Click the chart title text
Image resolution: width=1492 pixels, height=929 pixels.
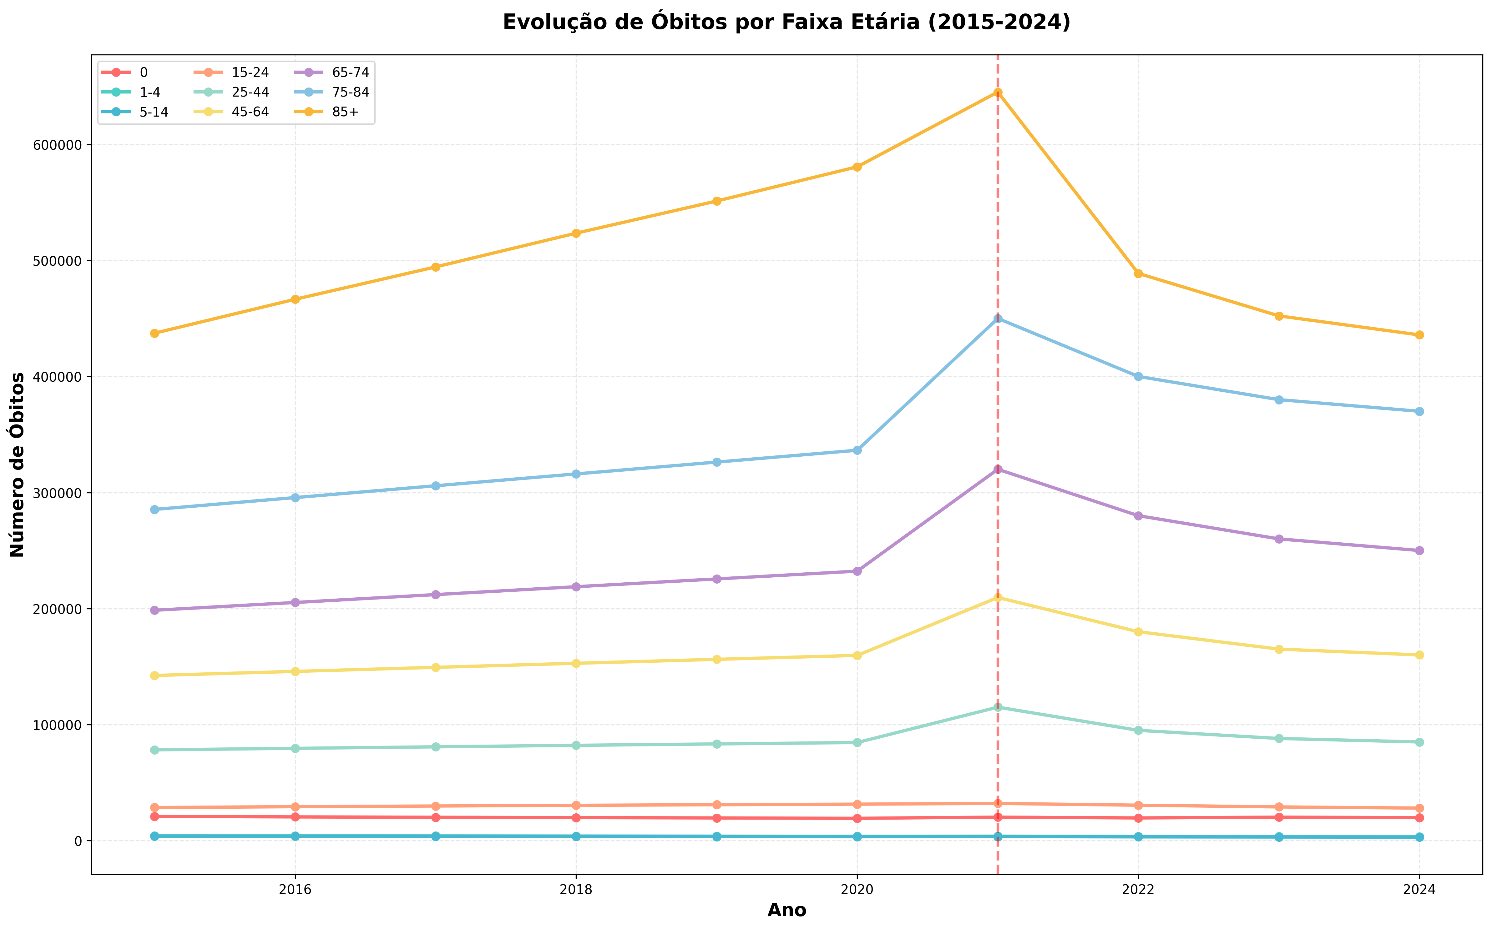tap(786, 22)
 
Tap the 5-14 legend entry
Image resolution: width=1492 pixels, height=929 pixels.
tap(154, 112)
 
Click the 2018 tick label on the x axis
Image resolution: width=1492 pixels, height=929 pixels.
tap(576, 889)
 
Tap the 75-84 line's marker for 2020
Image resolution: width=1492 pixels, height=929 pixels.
tap(857, 450)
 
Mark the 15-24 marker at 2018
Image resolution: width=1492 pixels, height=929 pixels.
tap(576, 805)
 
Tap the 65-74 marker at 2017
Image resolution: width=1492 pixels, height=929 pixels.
tap(436, 595)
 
